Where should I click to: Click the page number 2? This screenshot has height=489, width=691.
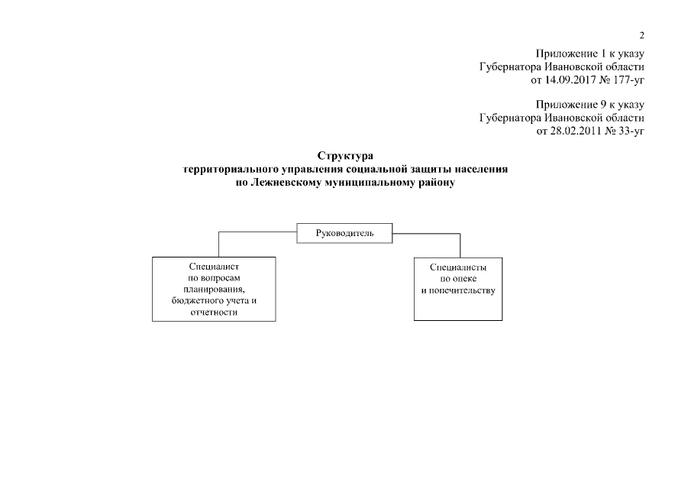641,35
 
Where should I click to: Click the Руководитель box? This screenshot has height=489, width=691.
344,232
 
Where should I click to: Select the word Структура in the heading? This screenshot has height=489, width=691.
344,157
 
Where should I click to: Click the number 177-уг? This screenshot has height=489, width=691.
628,79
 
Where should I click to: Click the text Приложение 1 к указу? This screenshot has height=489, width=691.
590,53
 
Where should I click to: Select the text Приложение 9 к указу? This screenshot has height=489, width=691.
590,105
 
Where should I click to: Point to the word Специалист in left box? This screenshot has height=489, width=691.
214,267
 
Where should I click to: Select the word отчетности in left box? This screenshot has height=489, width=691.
214,313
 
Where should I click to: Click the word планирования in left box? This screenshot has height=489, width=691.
213,290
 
